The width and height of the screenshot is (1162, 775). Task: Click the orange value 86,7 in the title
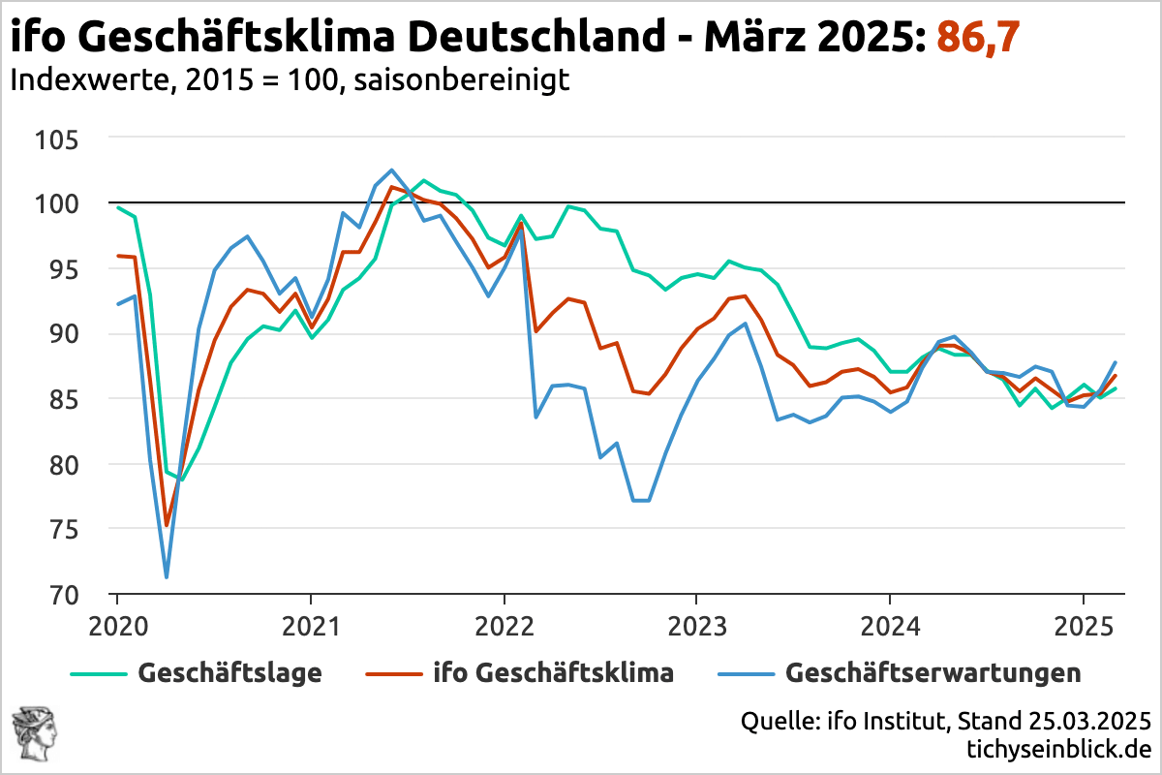[x=977, y=39]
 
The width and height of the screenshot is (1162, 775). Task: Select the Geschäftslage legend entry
[x=229, y=672]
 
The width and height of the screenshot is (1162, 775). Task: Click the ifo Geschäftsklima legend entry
[x=552, y=672]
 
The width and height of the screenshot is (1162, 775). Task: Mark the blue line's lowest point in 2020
[x=167, y=577]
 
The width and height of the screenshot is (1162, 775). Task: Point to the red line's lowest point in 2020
[x=167, y=526]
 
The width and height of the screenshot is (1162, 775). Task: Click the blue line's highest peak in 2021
[x=391, y=170]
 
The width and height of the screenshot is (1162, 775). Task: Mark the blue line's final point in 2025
[x=1115, y=362]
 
